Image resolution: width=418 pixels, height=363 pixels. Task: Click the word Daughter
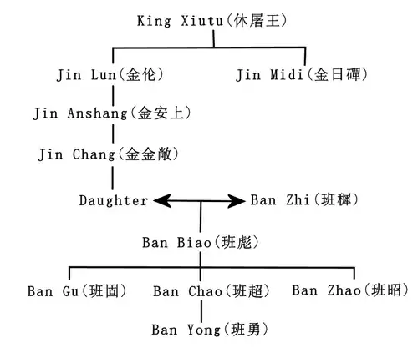tap(114, 200)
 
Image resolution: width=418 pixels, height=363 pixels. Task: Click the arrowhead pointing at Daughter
tap(162, 201)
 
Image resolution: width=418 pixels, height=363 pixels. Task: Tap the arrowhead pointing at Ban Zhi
tap(237, 201)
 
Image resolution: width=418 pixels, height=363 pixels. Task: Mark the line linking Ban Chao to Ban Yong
tap(201, 311)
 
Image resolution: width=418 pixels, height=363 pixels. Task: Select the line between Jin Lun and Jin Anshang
tap(113, 95)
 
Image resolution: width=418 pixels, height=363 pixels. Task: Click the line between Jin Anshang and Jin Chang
tap(113, 134)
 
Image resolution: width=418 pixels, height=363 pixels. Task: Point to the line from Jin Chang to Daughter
tap(113, 178)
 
